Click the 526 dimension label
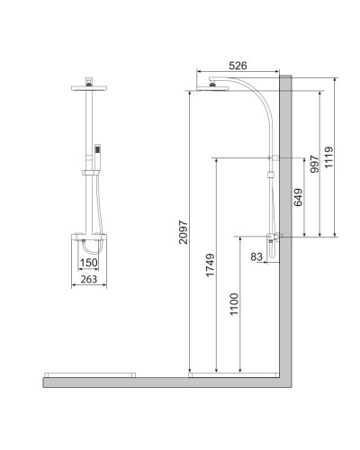238,66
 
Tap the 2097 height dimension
183,232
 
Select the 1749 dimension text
210,265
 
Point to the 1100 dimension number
234,304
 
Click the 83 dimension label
256,256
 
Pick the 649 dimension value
298,197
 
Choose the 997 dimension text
315,164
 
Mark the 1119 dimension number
328,157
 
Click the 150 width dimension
89,263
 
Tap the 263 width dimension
89,279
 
